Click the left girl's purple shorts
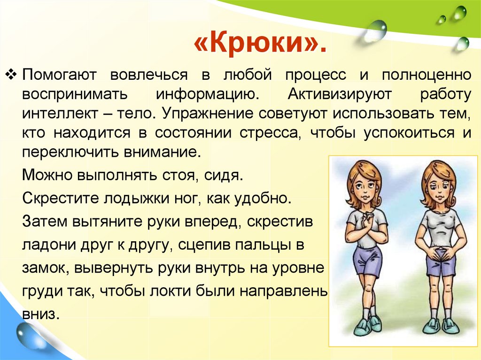coord(366,259)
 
